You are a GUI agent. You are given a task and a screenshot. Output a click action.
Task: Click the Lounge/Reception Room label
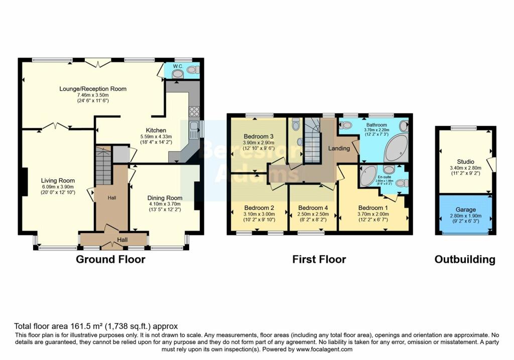pyautogui.click(x=93, y=89)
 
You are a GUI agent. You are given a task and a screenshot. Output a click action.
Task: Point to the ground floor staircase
pyautogui.click(x=103, y=166)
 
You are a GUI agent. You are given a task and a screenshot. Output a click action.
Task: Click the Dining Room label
pyautogui.click(x=165, y=198)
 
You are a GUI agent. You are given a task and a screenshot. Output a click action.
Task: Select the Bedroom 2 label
pyautogui.click(x=259, y=208)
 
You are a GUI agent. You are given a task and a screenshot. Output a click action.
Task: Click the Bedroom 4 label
pyautogui.click(x=313, y=208)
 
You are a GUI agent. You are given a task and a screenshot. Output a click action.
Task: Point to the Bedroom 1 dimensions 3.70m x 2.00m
pyautogui.click(x=373, y=214)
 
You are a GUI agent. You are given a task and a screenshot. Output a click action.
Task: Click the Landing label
pyautogui.click(x=339, y=149)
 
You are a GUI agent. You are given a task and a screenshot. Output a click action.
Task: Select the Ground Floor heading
pyautogui.click(x=110, y=260)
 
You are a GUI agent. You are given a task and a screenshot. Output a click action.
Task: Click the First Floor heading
pyautogui.click(x=319, y=260)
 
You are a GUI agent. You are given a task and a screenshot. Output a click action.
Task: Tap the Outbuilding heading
pyautogui.click(x=465, y=260)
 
